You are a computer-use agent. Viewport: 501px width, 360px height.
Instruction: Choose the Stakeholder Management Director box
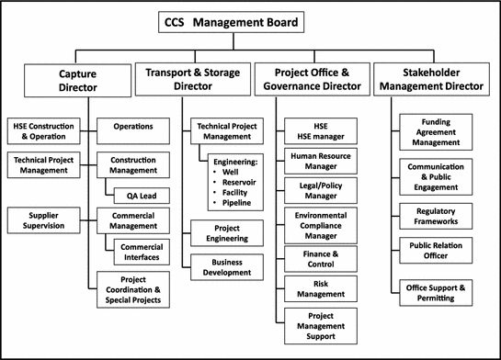(431, 81)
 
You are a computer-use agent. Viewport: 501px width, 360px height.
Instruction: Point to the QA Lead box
(139, 195)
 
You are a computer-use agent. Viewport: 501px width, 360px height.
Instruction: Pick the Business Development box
(226, 266)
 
